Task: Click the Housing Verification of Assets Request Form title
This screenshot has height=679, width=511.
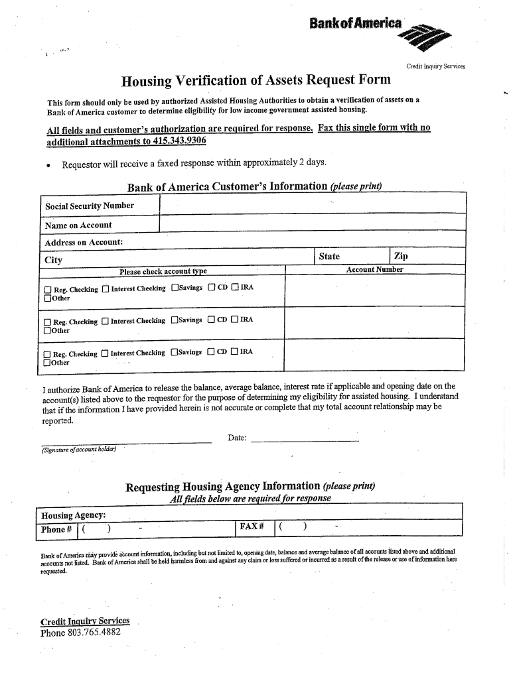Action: coord(256,81)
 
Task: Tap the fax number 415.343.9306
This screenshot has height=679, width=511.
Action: coord(175,141)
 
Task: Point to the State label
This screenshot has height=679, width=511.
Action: coord(329,257)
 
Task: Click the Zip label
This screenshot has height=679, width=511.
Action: coord(401,257)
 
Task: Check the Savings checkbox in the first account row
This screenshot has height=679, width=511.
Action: coord(175,288)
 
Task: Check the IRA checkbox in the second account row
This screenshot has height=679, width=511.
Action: coord(235,320)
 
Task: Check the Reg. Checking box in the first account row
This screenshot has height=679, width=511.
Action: coord(47,290)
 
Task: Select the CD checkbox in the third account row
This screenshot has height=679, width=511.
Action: coord(211,353)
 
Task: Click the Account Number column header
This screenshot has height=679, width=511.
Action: coord(374,270)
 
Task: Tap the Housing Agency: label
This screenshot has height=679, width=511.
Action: coord(73,516)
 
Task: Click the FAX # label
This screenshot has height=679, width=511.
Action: coord(252,528)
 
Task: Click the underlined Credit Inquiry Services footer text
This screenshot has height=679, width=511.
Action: coord(85,621)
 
